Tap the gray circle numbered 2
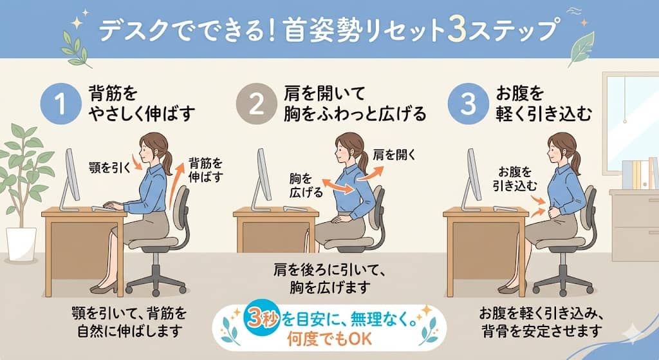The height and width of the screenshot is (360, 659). click(x=255, y=105)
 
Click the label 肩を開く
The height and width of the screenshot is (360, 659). click(x=394, y=155)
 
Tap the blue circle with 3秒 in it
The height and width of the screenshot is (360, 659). click(x=254, y=316)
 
